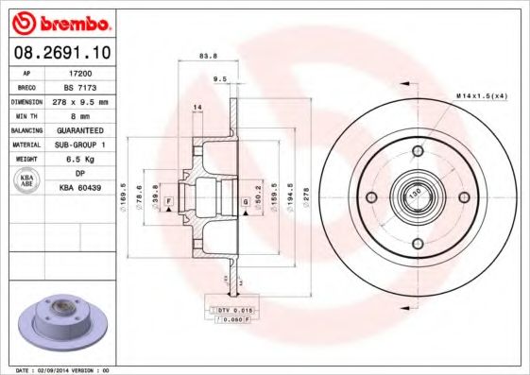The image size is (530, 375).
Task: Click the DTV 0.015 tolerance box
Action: [x=232, y=310]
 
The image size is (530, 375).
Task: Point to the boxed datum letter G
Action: [x=245, y=201]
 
